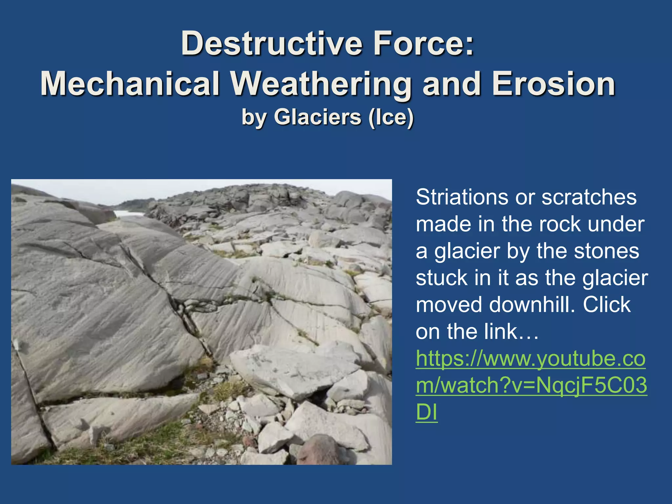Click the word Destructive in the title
pos(272,43)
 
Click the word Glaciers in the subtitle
pos(318,117)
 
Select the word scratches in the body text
pos(589,197)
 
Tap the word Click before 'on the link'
pos(606,304)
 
